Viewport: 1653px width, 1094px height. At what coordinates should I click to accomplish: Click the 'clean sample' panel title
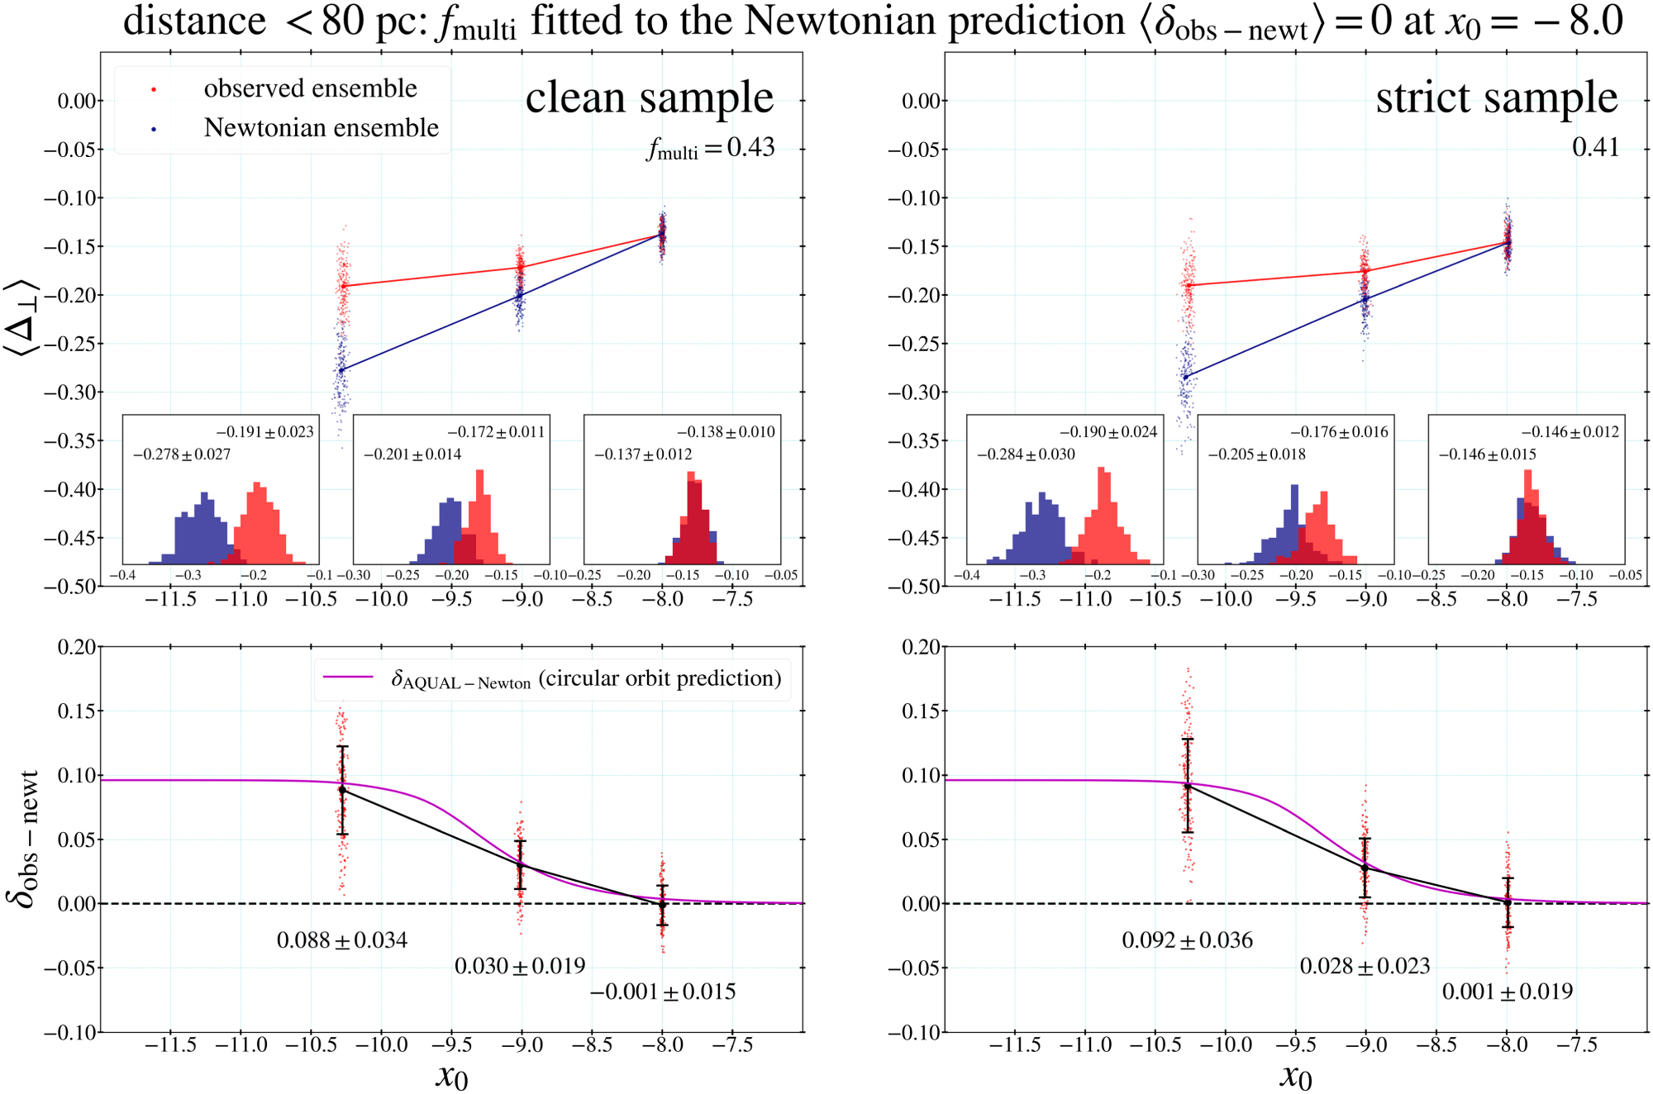point(649,98)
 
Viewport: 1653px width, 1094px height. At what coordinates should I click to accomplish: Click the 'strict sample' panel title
point(1496,98)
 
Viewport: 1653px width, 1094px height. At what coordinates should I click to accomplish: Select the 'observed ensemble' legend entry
point(310,88)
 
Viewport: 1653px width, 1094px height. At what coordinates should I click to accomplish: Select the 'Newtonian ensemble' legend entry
point(321,127)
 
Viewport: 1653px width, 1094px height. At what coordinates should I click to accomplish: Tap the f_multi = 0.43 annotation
point(711,148)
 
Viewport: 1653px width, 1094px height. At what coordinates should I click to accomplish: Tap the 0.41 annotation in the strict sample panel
point(1595,147)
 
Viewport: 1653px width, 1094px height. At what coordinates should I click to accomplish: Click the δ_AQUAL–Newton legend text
point(585,679)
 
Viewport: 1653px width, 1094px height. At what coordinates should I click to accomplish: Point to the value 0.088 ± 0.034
point(341,940)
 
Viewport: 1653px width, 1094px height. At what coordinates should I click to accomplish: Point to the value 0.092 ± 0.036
point(1187,940)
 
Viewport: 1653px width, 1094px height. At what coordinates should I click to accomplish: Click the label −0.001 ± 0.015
point(663,992)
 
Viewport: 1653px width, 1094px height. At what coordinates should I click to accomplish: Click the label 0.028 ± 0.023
point(1365,966)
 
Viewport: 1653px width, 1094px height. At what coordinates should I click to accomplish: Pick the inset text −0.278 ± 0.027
point(182,454)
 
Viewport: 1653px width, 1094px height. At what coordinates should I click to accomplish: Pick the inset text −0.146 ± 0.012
point(1570,432)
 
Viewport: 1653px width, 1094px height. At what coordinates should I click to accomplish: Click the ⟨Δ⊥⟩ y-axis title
point(22,318)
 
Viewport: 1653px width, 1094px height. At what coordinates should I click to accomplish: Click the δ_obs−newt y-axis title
point(25,839)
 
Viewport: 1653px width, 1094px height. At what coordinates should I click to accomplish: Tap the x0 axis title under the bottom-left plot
point(451,1076)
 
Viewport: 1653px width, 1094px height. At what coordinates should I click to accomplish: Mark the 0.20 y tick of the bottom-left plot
point(77,647)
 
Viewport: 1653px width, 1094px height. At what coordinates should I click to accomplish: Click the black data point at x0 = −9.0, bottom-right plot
point(1365,868)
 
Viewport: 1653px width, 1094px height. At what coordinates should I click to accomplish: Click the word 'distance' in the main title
point(194,21)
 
